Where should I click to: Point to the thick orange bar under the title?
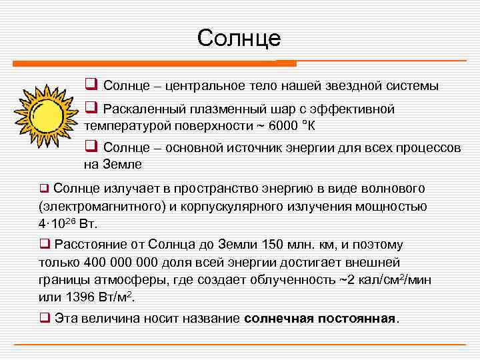[154, 63]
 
